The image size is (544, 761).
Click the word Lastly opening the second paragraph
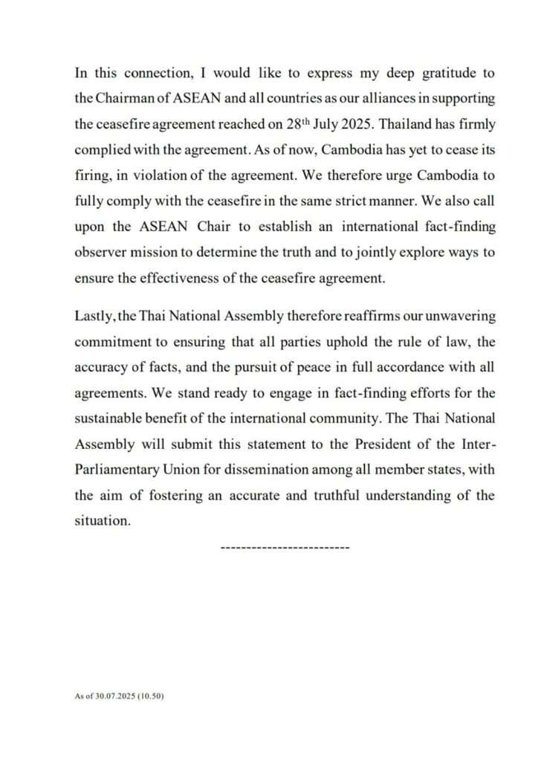93,316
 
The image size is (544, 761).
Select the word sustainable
111,418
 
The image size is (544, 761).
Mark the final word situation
103,520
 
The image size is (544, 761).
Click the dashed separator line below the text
285,547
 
